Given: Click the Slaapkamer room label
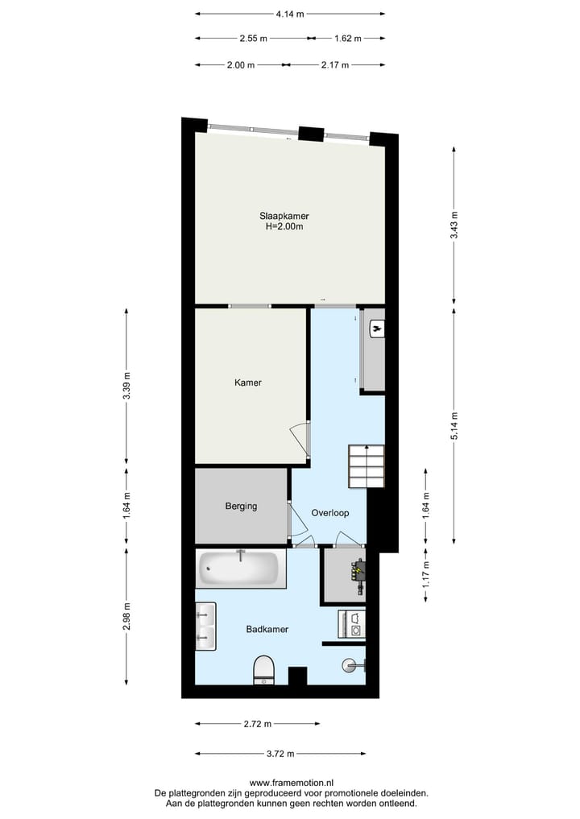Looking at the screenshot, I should (x=284, y=216).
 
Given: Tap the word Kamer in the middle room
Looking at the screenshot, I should (x=247, y=383).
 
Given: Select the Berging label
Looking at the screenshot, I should (x=241, y=507).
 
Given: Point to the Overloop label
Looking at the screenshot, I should (x=329, y=512).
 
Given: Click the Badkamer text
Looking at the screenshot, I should (x=267, y=630).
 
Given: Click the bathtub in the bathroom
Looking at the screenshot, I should (x=241, y=569).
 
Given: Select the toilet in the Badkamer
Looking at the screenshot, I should (x=263, y=669).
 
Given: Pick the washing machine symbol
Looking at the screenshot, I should (x=351, y=624).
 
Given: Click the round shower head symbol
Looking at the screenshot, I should (x=350, y=665).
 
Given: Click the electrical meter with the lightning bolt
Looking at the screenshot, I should (x=356, y=573).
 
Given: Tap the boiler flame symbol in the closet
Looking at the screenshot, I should (x=376, y=329).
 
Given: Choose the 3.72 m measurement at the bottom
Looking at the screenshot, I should (x=280, y=754).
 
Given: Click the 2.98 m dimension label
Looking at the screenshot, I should (x=126, y=618).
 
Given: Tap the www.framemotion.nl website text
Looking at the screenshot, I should (x=292, y=783).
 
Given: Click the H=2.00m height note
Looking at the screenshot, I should (x=284, y=227).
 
